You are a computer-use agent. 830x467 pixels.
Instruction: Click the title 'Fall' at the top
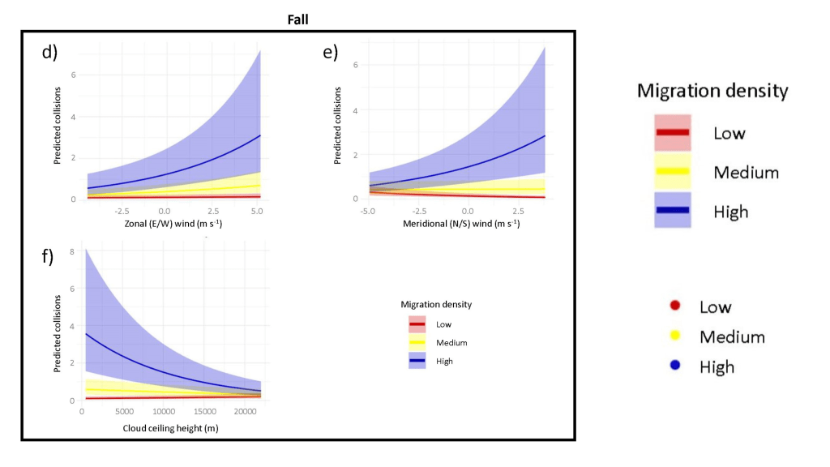297,17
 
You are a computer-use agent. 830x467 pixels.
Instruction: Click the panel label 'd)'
49,53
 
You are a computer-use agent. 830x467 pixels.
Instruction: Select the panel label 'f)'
47,257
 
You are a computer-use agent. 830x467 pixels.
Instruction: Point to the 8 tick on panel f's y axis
72,252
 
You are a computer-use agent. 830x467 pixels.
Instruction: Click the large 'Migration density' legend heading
712,91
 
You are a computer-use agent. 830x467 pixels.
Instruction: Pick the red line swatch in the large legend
673,132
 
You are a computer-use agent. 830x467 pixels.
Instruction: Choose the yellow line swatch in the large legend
673,172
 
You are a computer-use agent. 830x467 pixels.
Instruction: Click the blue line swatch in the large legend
673,211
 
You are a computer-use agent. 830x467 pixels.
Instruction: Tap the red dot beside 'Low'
674,306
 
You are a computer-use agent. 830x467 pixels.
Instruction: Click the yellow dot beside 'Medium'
674,336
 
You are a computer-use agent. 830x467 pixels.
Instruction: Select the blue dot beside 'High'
674,366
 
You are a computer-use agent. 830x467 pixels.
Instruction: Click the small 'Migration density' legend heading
436,304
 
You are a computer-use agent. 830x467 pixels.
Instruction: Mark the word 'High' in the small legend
444,361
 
